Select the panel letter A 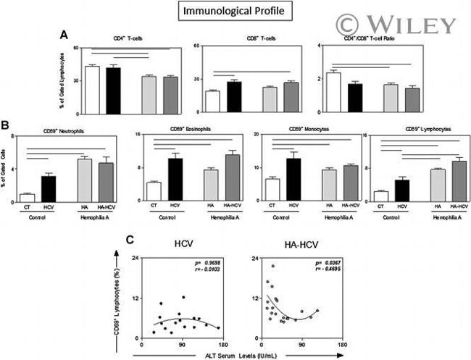[x=64, y=35]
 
